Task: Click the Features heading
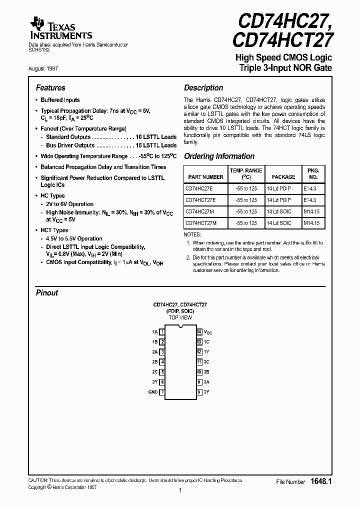click(50, 88)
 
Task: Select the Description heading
click(203, 88)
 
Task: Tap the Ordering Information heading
click(219, 156)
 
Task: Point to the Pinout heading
click(47, 293)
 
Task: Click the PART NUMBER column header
click(205, 177)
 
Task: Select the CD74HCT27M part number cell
click(201, 223)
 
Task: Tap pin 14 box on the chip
click(199, 331)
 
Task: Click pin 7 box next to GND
click(162, 392)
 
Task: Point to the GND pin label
click(153, 392)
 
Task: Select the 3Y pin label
click(206, 392)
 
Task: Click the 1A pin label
click(154, 331)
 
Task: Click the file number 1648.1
click(321, 481)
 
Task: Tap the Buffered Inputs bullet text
click(60, 100)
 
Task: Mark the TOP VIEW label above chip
click(180, 317)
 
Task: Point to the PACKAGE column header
click(283, 177)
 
